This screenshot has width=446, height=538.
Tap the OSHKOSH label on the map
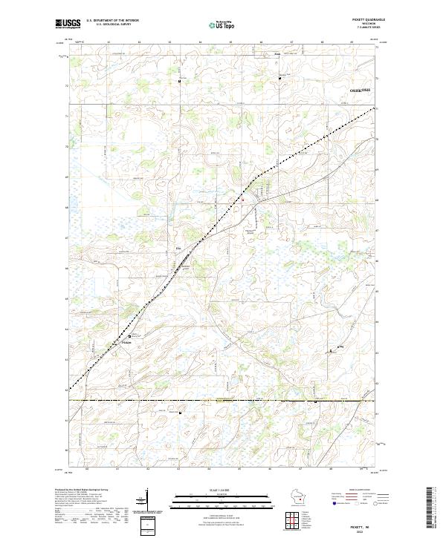pos(359,89)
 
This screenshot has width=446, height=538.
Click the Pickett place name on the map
pos(126,342)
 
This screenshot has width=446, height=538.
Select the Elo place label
pos(178,249)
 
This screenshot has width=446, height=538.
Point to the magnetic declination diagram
pos(146,501)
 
